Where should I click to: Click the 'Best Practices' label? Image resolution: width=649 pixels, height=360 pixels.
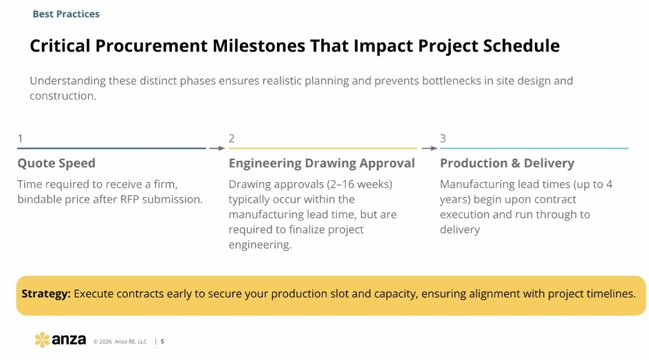tap(66, 14)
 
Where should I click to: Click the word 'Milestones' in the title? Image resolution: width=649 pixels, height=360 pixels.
tap(258, 46)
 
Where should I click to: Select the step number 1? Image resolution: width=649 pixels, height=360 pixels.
tap(20, 138)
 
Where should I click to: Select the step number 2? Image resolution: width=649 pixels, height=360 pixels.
tap(232, 138)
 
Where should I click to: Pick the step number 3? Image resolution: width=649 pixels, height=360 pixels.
tap(443, 138)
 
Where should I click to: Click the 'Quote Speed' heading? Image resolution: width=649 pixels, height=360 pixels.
tap(56, 163)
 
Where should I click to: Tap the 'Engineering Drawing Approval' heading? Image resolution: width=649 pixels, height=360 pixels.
tap(322, 163)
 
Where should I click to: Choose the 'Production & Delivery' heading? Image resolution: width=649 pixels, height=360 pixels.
tap(507, 163)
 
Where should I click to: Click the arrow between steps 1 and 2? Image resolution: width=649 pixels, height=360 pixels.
tap(217, 148)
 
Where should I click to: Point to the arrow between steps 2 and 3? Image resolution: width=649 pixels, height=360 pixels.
tap(429, 148)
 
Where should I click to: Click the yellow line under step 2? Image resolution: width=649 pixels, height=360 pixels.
tap(323, 148)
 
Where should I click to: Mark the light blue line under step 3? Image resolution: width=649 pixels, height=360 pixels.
tap(534, 148)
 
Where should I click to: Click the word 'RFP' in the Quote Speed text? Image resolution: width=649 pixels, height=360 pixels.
tap(129, 199)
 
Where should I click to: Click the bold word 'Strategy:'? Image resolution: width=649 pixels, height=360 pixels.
tap(46, 294)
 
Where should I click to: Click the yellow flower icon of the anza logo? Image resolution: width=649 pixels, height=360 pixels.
tap(42, 339)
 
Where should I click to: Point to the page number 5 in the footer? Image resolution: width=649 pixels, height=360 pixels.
tap(162, 341)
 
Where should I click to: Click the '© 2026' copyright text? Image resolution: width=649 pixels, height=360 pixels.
tap(102, 341)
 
